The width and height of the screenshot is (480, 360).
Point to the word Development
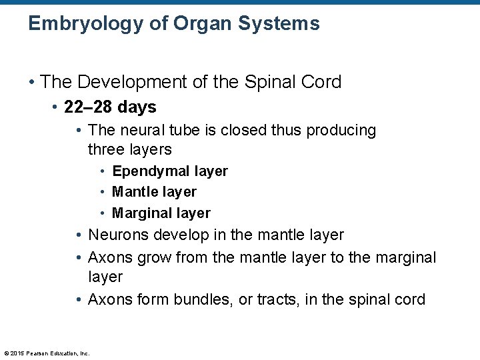click(135, 82)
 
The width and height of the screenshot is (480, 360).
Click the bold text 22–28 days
click(110, 107)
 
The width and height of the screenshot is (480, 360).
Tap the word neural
click(145, 130)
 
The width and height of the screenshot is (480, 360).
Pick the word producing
click(345, 131)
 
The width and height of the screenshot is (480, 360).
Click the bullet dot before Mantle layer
click(103, 192)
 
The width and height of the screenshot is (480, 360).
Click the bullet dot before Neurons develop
click(79, 235)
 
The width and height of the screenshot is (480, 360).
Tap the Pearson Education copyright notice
click(47, 353)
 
